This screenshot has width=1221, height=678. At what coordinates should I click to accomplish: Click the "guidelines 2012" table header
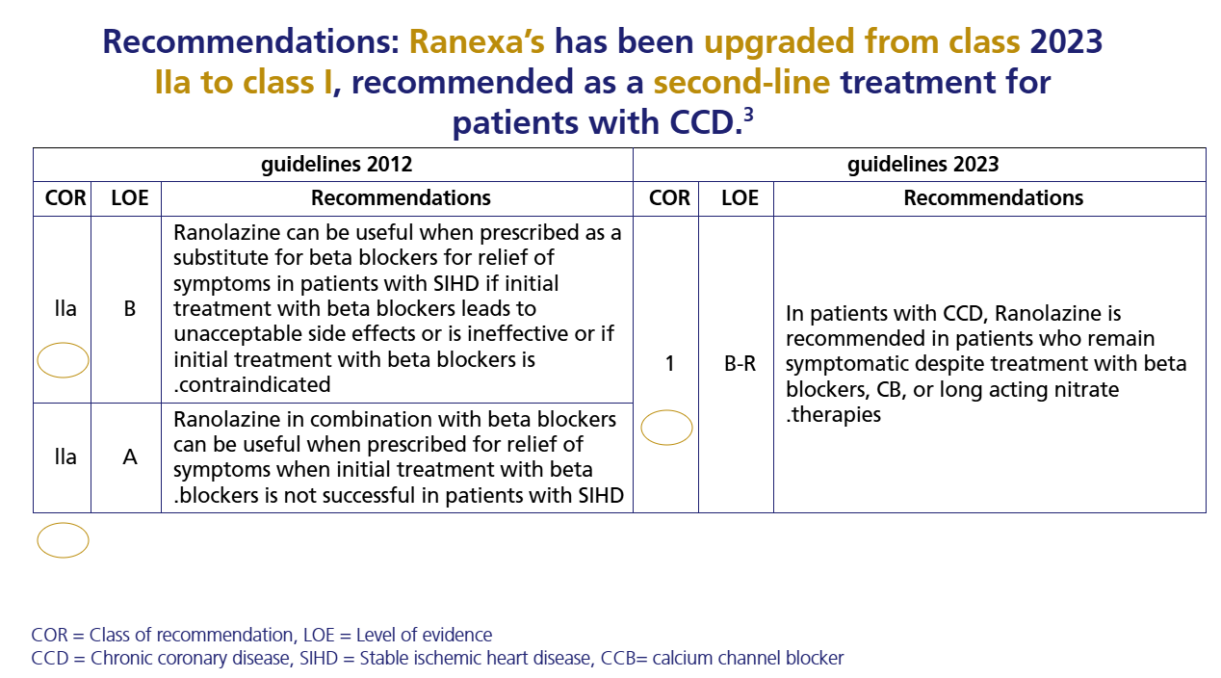point(336,164)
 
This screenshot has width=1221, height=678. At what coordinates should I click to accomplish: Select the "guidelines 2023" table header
point(922,164)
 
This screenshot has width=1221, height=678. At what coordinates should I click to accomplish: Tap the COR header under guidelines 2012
point(65,198)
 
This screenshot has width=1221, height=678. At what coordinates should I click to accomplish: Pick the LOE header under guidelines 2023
point(740,198)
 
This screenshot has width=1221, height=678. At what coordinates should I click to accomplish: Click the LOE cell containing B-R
point(740,364)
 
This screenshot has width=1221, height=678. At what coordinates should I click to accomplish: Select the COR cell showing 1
point(669,364)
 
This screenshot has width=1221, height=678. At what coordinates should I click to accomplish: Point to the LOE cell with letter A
point(130,457)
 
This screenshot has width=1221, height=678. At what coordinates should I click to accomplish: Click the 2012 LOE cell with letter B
point(130,310)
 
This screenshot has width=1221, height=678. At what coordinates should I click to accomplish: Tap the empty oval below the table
point(64,540)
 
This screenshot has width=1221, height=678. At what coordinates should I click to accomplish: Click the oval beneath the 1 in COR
point(666,428)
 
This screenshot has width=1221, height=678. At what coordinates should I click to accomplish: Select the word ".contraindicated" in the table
point(251,385)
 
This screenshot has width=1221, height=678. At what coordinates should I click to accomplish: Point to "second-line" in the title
point(741,83)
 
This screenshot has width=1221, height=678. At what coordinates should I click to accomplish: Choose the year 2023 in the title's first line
point(1066,42)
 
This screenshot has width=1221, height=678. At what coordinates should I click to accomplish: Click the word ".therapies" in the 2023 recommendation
point(833,415)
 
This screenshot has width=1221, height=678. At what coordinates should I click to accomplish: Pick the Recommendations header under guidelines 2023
point(993,198)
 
